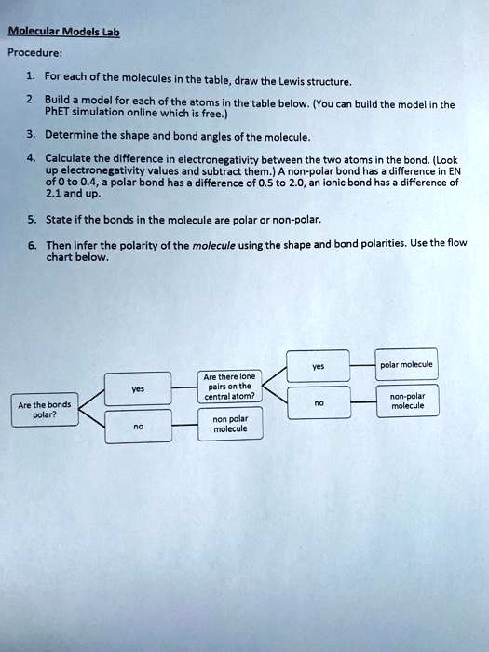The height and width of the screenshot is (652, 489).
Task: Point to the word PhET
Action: click(x=59, y=115)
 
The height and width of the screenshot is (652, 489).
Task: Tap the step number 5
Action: click(x=32, y=221)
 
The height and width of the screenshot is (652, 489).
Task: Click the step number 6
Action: click(x=32, y=244)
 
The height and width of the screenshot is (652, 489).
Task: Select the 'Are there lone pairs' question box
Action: click(x=231, y=386)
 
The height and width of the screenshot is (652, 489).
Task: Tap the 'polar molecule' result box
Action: click(x=407, y=364)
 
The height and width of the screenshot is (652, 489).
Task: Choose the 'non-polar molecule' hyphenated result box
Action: click(x=407, y=401)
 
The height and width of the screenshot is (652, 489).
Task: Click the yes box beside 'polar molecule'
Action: click(x=318, y=366)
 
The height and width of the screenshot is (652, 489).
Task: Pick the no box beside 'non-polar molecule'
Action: click(x=318, y=403)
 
